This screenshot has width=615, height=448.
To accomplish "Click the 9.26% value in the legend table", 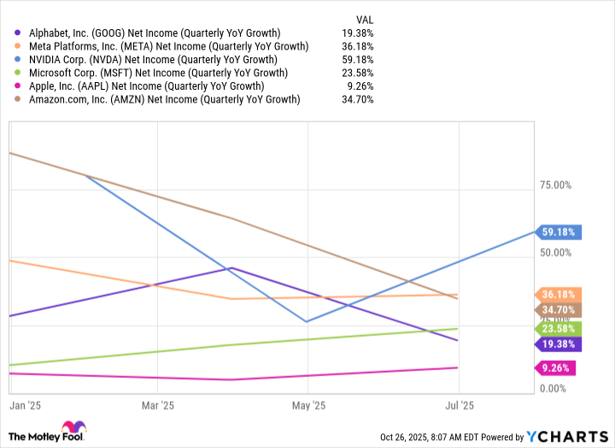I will pos(361,86).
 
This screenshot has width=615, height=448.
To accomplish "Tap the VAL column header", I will pos(363,19).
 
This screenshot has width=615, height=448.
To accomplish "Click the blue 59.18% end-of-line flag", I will pos(559,232).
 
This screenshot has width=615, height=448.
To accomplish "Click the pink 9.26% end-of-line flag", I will pos(556,368).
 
